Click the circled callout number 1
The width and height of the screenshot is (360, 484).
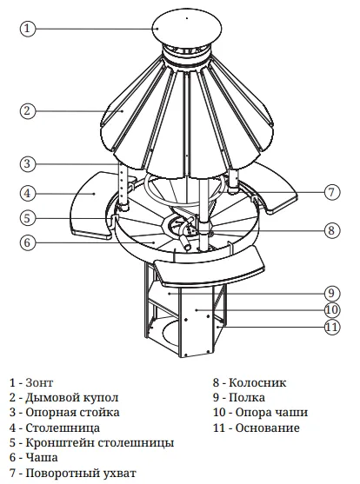pos(28,29)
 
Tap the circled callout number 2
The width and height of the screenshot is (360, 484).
pos(28,110)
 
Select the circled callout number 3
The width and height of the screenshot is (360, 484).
pos(28,163)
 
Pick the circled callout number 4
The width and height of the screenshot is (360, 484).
pos(28,193)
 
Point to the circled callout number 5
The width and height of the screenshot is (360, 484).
pos(28,218)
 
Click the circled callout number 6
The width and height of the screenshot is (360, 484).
pos(28,242)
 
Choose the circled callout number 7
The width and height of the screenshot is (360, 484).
pos(332,192)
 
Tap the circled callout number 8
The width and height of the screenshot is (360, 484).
pos(332,230)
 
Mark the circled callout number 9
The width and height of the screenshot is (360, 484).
pos(332,293)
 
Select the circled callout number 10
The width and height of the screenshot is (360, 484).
pos(332,309)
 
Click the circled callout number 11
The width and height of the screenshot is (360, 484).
pos(332,327)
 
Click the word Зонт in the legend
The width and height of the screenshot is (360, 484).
pos(39,382)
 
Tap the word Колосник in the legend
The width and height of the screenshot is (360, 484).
pos(257,382)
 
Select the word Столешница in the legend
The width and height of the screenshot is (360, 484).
pos(63,428)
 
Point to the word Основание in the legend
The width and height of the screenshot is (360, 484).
pos(268,428)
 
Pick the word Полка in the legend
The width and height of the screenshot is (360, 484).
pos(247,398)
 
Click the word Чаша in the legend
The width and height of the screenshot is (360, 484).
pos(42,457)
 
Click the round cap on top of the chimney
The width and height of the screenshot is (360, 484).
pos(187,29)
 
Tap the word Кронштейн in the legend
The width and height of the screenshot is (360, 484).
pos(60,442)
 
